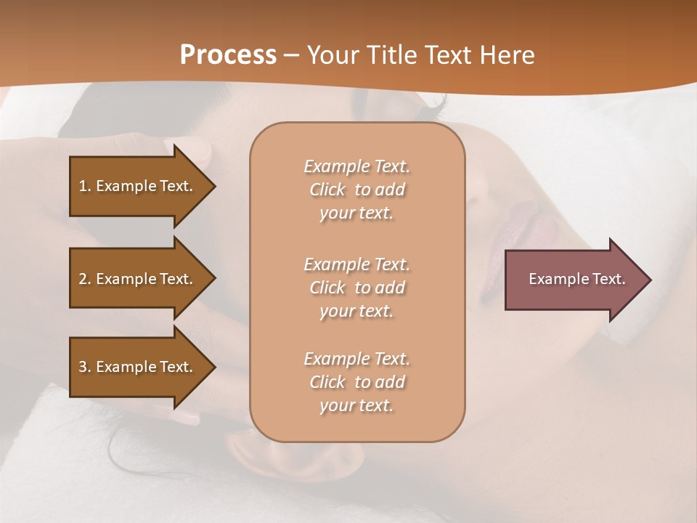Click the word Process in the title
(228, 55)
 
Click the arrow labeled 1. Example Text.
(138, 186)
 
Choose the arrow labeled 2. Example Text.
(138, 279)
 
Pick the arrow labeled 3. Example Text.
(138, 367)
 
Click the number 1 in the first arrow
(83, 186)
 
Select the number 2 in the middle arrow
(83, 279)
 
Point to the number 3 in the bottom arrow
(83, 367)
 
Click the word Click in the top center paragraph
(327, 190)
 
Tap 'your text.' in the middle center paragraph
(356, 311)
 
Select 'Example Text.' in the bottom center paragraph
(356, 359)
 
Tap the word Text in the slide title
(444, 55)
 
